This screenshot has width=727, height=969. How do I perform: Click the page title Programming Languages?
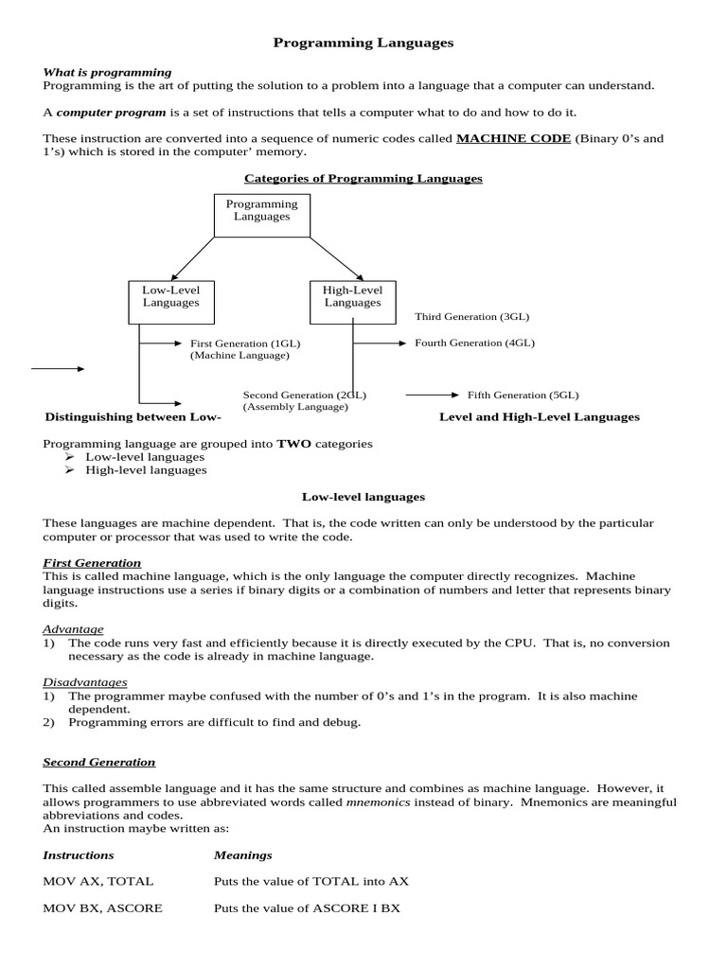(363, 43)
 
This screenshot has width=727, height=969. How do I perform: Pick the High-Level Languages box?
(352, 296)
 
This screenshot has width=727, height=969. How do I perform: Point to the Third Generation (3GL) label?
(471, 317)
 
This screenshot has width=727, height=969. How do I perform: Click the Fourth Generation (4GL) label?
(474, 343)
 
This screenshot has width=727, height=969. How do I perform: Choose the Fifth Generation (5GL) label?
(523, 395)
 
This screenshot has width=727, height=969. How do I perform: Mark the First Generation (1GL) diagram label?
(244, 344)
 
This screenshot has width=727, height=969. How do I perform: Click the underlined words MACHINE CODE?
(513, 138)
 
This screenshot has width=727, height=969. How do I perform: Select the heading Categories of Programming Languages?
(363, 178)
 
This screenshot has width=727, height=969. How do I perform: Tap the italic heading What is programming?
(108, 72)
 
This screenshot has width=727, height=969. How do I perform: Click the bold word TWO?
(293, 443)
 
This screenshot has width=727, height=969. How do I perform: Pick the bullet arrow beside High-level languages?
(69, 469)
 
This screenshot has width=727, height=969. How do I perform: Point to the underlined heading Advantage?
(73, 629)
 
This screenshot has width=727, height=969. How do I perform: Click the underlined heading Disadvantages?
(85, 681)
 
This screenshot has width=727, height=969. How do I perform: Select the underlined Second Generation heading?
(99, 762)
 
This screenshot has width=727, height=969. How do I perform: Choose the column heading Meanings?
(243, 854)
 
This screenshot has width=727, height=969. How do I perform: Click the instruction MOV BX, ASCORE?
(102, 907)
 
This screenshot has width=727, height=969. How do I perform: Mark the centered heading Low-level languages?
(363, 496)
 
